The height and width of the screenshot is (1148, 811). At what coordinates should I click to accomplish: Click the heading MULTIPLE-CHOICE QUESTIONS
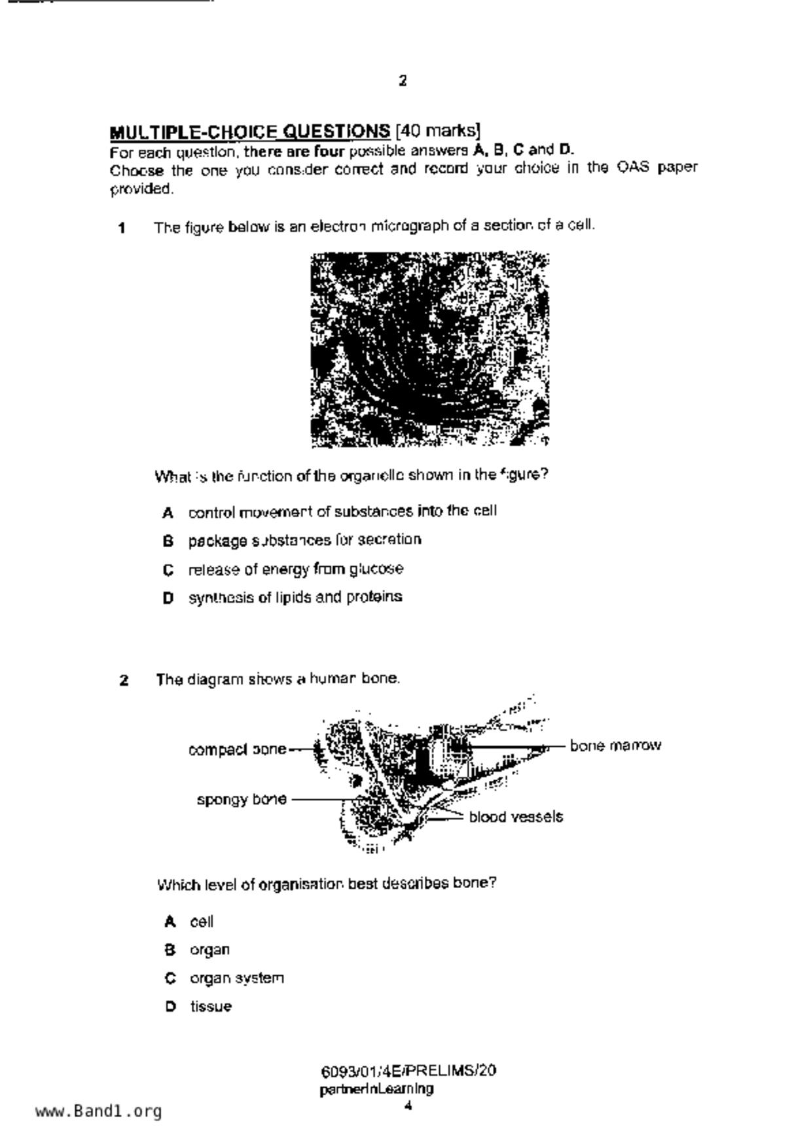250,132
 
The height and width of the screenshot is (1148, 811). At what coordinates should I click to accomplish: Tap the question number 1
122,228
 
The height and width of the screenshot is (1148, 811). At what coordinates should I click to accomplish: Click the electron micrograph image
429,350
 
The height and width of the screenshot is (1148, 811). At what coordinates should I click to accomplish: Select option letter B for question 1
168,541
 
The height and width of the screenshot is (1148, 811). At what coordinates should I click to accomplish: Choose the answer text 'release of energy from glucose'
296,569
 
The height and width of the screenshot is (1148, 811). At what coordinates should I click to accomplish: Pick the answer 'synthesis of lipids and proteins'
295,598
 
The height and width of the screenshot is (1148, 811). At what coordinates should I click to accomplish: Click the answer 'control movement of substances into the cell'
342,512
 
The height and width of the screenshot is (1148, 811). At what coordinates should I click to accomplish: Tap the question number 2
124,681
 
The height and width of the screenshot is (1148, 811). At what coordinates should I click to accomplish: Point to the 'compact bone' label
237,750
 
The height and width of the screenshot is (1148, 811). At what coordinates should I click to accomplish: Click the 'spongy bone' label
242,800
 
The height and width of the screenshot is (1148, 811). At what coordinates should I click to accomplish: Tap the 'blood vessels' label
516,817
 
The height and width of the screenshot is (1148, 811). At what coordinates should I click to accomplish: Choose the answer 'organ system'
237,978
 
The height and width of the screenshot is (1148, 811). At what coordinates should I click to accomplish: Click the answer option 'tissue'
211,1007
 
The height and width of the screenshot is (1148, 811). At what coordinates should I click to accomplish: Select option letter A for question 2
170,922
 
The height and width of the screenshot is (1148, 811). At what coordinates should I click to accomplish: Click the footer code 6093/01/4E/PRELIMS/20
408,1071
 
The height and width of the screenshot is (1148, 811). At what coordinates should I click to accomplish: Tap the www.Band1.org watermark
98,1111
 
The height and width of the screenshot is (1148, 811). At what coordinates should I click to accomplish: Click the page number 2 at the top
403,81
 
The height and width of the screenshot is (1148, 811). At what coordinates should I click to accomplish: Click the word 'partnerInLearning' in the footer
376,1090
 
